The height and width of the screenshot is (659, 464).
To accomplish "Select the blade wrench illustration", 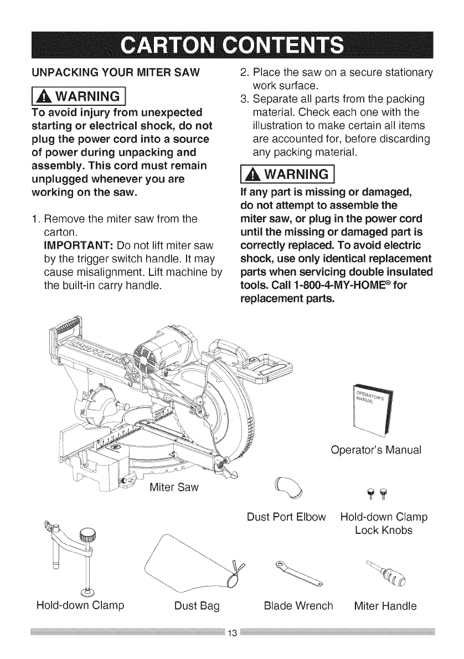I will click(x=300, y=574).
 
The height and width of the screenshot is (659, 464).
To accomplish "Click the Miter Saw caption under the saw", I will click(x=173, y=488).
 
